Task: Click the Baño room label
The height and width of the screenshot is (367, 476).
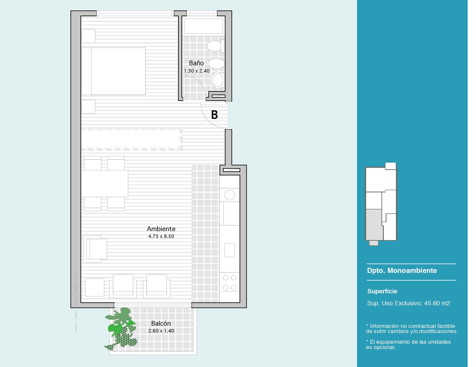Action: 196,63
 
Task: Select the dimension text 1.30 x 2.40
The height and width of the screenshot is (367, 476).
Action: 197,71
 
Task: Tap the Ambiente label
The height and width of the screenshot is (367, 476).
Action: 161,229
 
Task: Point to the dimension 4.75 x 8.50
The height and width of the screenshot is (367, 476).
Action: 161,236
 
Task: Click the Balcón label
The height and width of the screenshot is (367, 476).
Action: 161,324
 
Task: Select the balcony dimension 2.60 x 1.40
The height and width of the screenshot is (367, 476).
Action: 161,331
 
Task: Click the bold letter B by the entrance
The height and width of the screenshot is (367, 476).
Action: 215,115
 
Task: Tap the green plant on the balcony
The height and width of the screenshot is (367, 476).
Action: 121,328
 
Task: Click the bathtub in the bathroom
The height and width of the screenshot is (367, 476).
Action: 204,26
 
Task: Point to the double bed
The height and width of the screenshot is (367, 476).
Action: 114,71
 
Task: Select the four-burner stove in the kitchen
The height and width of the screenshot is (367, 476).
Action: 230,282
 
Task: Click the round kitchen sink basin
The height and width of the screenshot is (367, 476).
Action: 230,195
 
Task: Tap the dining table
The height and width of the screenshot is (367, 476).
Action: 105,183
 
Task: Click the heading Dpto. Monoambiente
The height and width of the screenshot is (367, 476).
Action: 402,270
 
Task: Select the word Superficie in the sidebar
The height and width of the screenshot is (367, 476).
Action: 382,291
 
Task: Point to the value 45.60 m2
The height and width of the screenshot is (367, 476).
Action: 437,303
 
